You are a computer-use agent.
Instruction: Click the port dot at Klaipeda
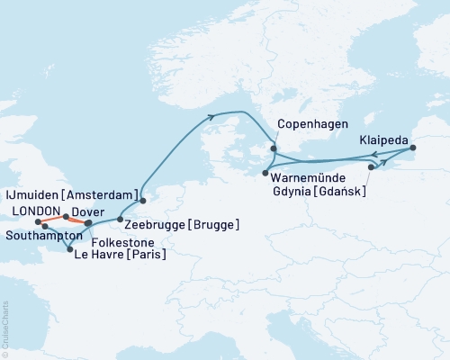tap(412, 148)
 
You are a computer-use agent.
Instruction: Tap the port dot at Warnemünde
tap(265, 171)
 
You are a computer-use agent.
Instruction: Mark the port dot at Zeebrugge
tap(121, 217)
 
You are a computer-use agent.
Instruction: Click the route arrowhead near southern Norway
tap(212, 115)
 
